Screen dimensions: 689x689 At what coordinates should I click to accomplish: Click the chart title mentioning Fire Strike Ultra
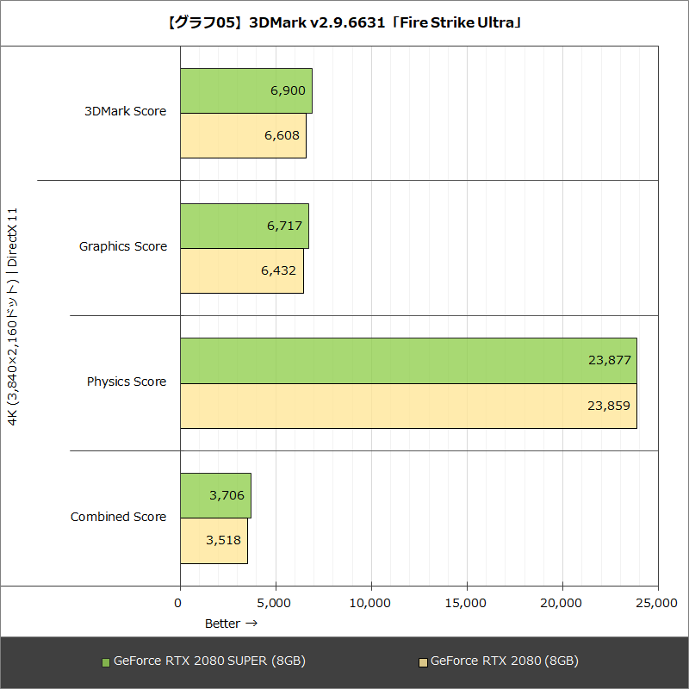point(344,22)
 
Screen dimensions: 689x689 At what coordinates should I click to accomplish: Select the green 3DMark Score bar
point(245,91)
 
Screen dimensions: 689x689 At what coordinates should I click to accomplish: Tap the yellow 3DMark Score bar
point(243,136)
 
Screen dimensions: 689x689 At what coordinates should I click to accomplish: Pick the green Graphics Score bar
point(244,227)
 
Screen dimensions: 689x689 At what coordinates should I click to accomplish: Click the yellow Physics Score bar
point(408,406)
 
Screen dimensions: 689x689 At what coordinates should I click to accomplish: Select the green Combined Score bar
point(215,496)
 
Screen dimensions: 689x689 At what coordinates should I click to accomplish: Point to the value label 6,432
point(278,270)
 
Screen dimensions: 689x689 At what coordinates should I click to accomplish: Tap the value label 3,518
point(224,541)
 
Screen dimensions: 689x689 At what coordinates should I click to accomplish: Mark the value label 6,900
point(287,90)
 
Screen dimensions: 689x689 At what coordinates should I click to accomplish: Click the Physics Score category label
point(127,382)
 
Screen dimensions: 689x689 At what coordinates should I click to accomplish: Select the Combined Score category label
point(118,517)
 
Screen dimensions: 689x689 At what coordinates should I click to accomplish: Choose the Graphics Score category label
point(123,246)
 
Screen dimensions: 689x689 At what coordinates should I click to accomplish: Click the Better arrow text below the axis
point(231,623)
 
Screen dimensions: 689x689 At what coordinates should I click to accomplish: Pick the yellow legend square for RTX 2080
point(422,662)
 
